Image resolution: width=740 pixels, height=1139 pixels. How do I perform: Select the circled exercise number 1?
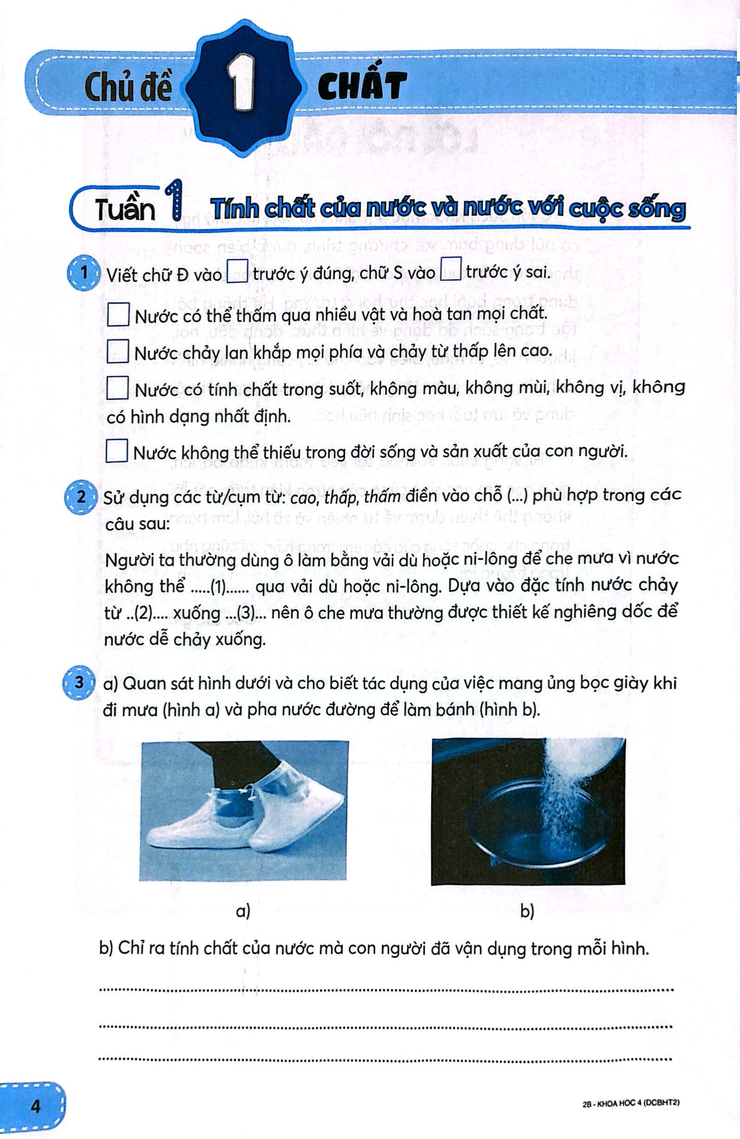(84, 273)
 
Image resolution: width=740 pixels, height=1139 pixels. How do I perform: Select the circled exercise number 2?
(80, 497)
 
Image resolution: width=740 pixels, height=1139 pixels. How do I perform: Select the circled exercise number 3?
(78, 683)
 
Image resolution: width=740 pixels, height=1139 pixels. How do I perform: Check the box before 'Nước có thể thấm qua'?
(118, 314)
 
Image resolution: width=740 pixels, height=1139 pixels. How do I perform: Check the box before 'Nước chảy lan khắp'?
(118, 351)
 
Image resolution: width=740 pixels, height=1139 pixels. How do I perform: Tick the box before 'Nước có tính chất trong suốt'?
(117, 388)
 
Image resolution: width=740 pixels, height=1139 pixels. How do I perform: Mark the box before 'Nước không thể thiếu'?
(117, 451)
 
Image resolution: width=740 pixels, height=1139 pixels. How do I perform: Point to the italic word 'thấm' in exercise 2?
(382, 497)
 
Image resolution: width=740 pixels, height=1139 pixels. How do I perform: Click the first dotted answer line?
(386, 989)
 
